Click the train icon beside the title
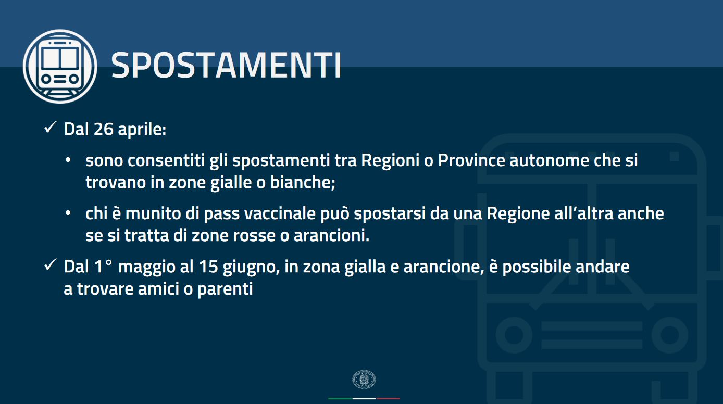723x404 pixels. pos(60,67)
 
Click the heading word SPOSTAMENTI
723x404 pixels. pos(226,66)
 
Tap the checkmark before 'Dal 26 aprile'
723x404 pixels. pos(51,128)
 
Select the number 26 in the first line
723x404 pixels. pos(103,129)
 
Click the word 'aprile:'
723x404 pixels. pos(142,130)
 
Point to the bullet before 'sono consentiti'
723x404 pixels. pos(68,160)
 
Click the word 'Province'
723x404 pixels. pos(471,160)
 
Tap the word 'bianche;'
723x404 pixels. pos(303,182)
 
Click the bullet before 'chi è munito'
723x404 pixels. pos(68,213)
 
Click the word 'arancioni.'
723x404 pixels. pos(331,235)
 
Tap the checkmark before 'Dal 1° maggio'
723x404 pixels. pos(51,265)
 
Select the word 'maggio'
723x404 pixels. pos(146,268)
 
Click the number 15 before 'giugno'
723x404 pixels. pos(208,267)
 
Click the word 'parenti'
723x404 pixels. pos(225,289)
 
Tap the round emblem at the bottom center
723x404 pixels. pos(364,379)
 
